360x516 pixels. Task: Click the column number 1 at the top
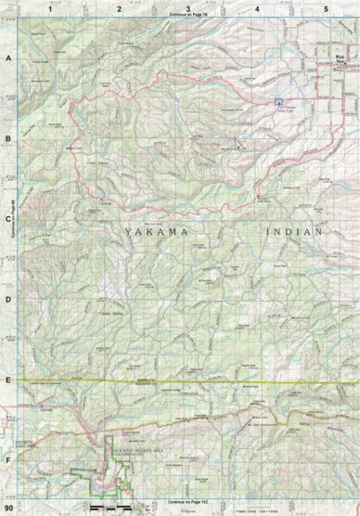tap(49, 8)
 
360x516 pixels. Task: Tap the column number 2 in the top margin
tap(119, 8)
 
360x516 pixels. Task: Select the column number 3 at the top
tap(188, 8)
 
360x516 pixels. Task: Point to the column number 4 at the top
tap(257, 8)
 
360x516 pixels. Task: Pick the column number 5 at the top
tap(326, 8)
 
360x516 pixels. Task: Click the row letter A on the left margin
tap(8, 58)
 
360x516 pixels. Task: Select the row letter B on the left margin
tap(8, 138)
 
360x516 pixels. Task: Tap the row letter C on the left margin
tap(8, 219)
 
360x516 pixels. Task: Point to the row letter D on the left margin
tap(8, 299)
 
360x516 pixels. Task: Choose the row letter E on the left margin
tap(8, 380)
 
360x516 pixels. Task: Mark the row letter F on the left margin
tap(8, 458)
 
